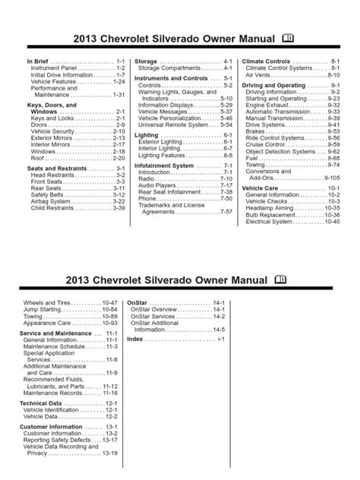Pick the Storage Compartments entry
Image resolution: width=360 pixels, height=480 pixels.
tap(168, 68)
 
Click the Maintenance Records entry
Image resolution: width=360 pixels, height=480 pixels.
tap(57, 393)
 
